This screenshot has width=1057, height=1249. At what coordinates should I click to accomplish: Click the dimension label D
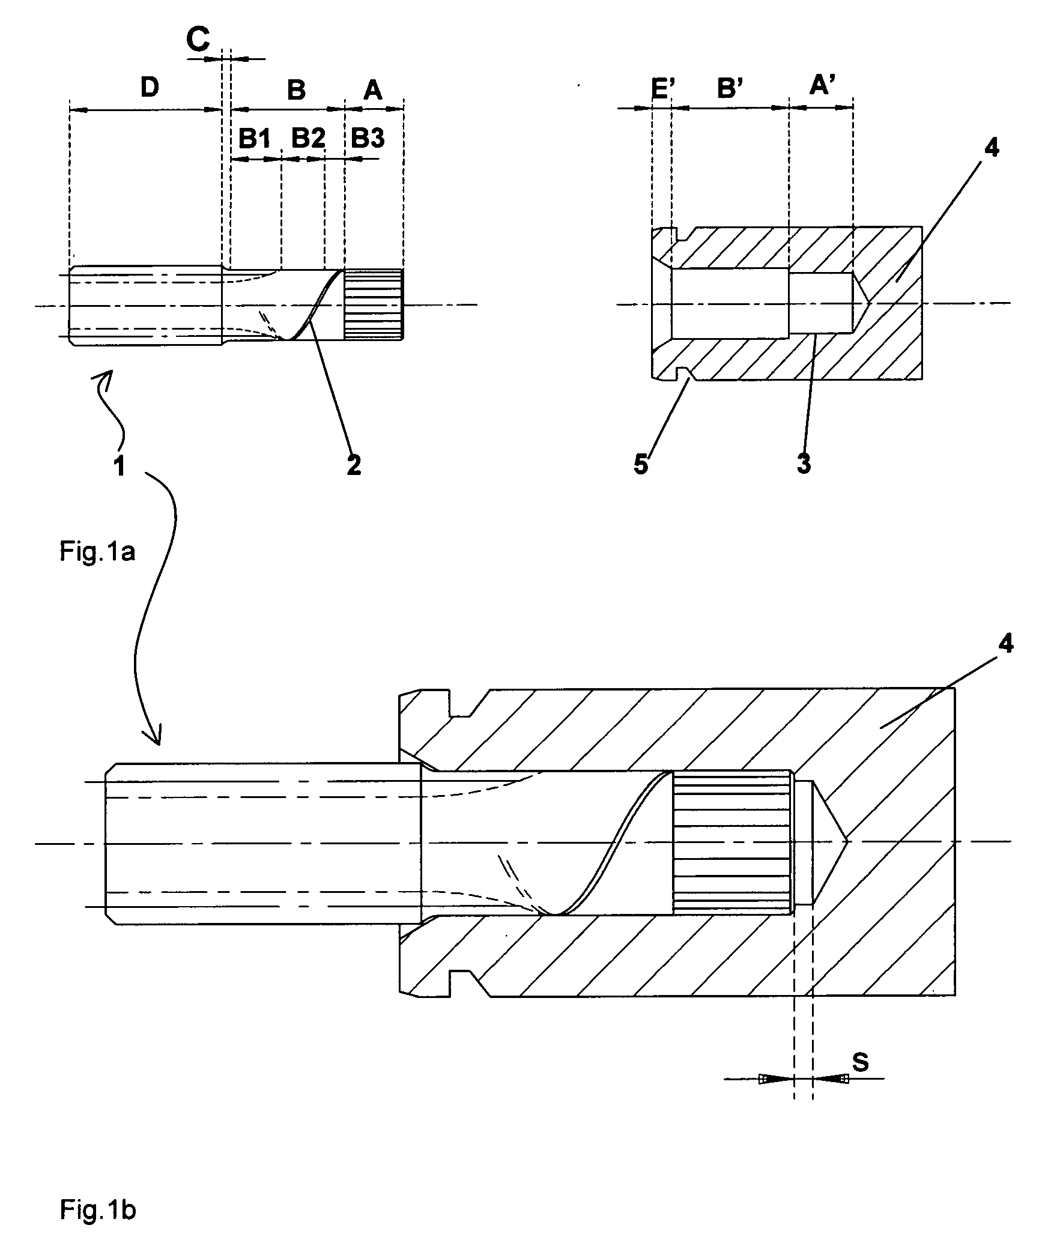[150, 88]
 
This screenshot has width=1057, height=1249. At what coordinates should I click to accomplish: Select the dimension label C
[198, 40]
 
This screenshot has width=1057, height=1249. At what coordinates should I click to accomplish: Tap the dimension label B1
[255, 139]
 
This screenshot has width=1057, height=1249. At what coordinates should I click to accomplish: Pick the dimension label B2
[308, 139]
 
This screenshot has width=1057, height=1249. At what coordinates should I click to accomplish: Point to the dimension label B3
[368, 139]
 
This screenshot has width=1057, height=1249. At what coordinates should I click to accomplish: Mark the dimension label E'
[664, 88]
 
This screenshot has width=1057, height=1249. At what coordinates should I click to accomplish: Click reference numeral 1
[120, 465]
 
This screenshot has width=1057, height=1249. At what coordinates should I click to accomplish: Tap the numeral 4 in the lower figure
[1005, 644]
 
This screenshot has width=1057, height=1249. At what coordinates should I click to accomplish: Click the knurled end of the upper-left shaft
[373, 304]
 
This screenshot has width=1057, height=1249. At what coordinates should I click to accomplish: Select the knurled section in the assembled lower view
[732, 843]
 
